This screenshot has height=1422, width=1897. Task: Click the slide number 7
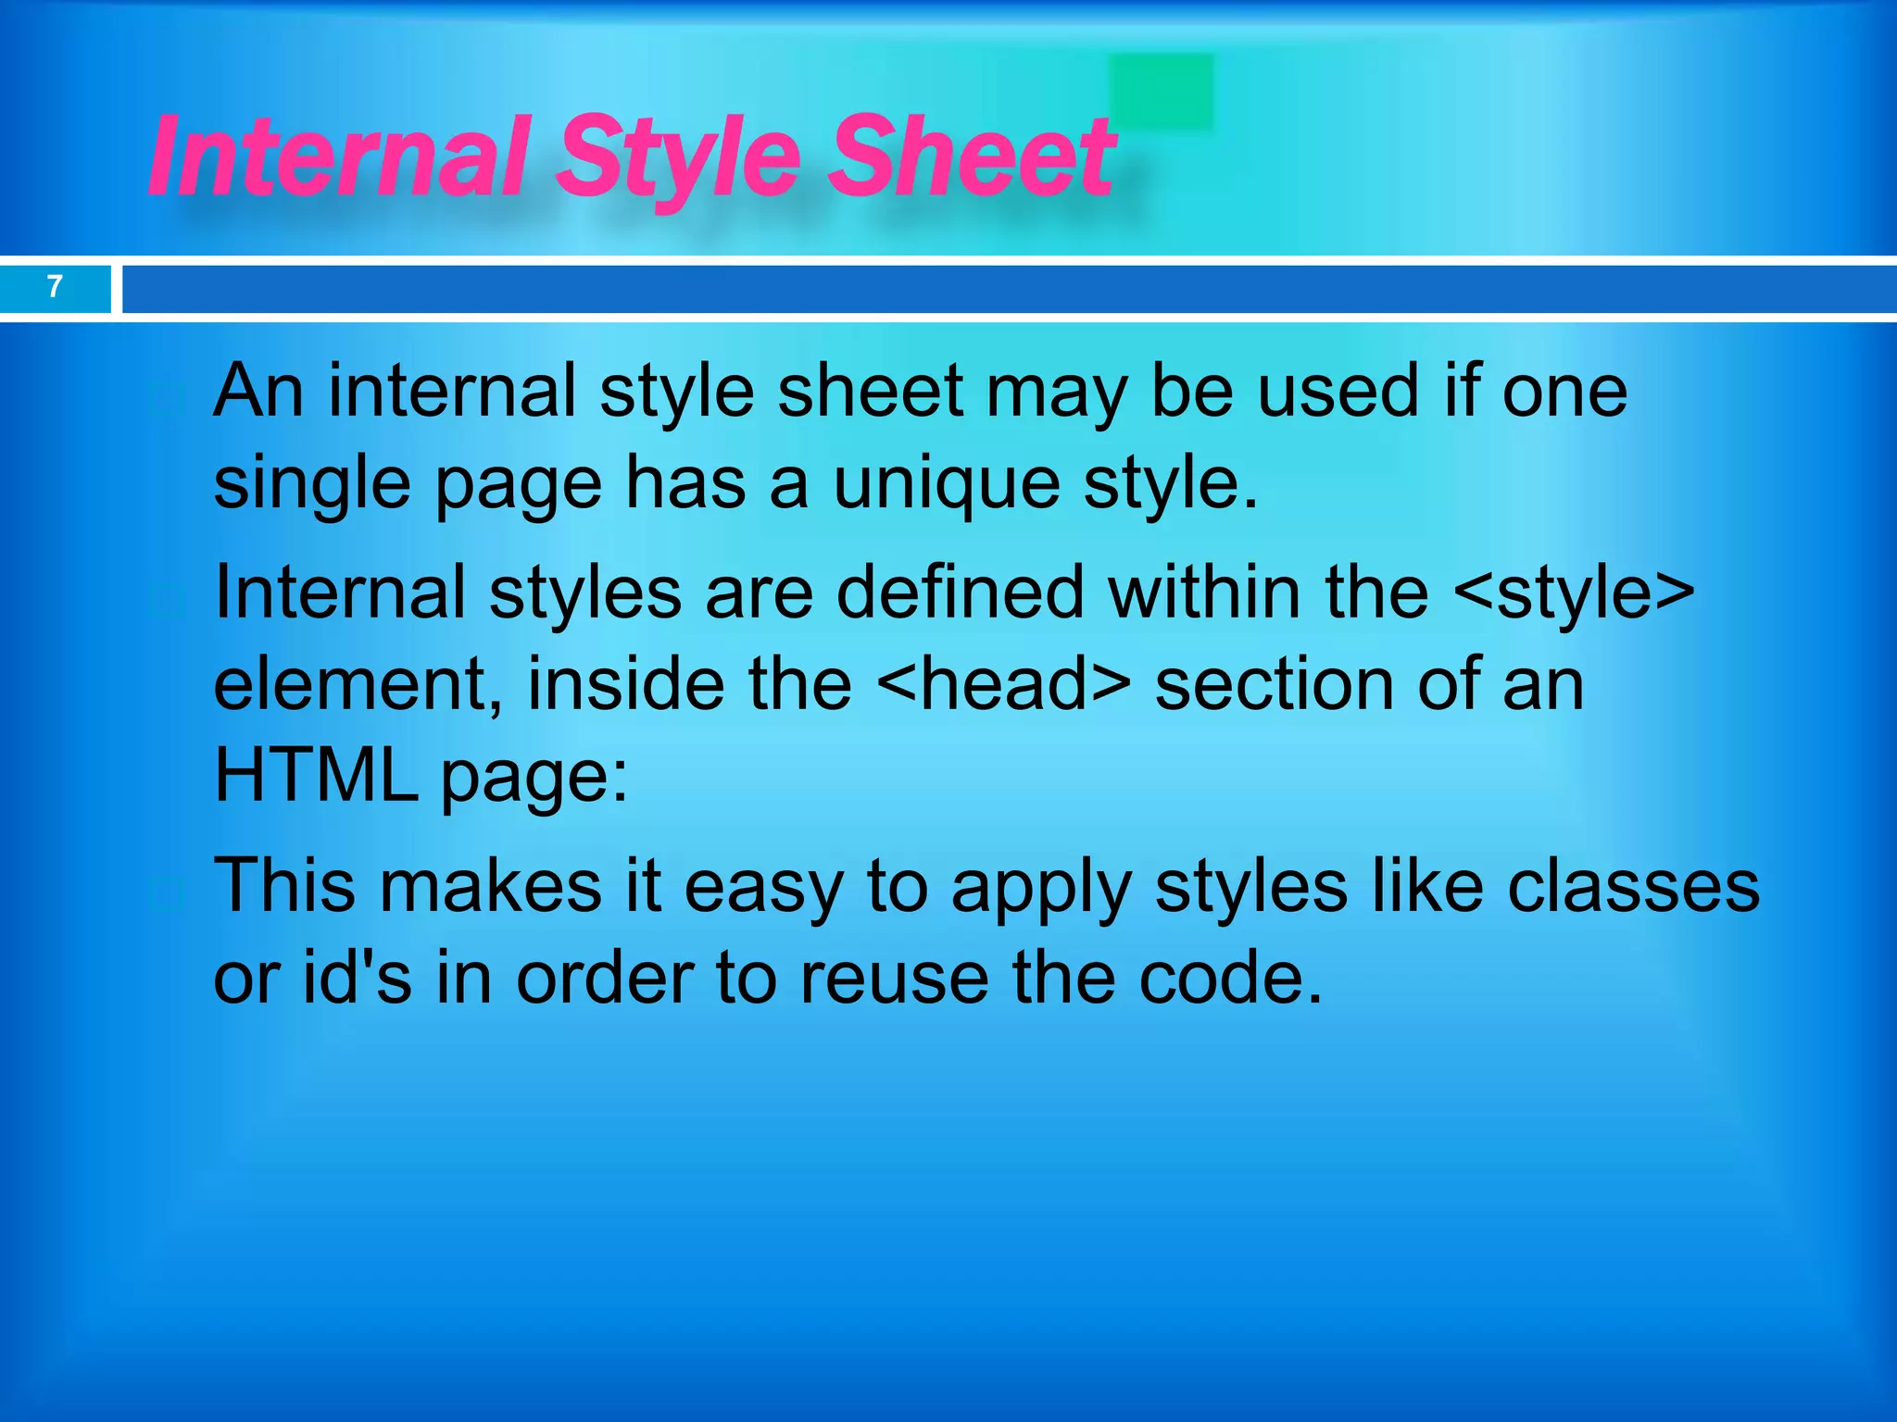click(55, 286)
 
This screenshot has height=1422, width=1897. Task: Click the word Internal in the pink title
click(338, 157)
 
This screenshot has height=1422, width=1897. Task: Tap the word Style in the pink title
click(681, 157)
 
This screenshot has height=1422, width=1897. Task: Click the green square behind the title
click(1162, 89)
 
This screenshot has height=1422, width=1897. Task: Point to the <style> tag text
click(1574, 592)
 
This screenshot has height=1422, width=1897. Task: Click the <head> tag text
click(1002, 684)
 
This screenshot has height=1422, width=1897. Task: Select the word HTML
click(315, 775)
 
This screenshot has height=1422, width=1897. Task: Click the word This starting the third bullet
click(284, 886)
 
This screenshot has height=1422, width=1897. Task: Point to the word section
click(1274, 684)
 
